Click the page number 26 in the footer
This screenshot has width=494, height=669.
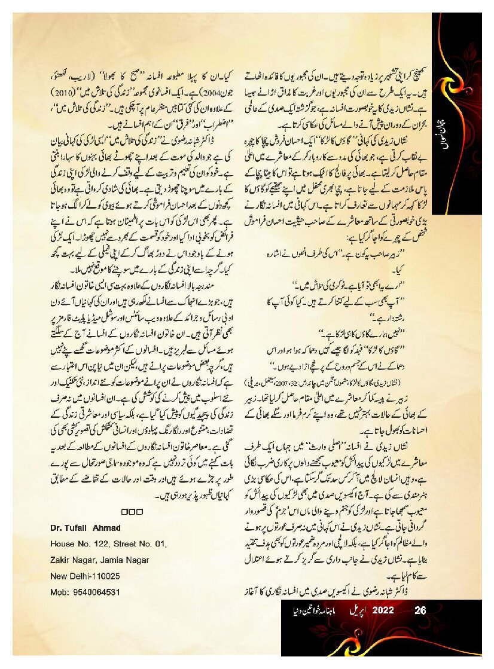click(420, 611)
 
